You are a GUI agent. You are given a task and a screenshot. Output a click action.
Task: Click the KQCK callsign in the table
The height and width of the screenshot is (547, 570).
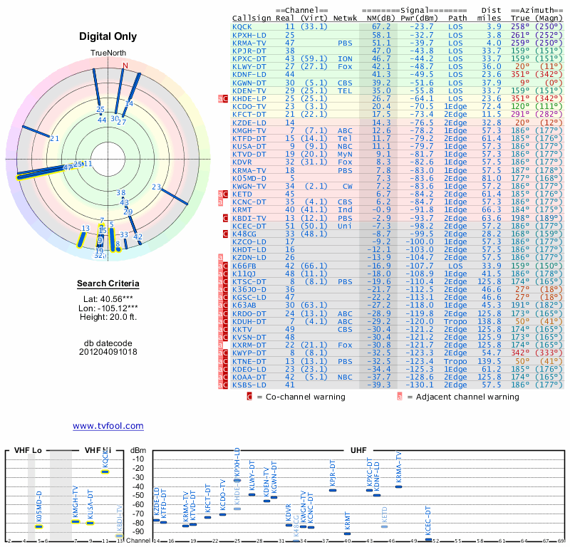(x=243, y=26)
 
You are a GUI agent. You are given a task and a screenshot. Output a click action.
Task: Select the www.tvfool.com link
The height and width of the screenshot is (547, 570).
(x=108, y=426)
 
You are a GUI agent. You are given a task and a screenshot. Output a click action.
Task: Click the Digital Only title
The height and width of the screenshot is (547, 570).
(x=108, y=36)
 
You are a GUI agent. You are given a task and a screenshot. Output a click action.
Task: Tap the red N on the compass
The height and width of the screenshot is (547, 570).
(x=125, y=66)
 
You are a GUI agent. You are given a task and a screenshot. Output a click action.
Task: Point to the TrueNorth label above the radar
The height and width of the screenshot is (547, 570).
(x=108, y=54)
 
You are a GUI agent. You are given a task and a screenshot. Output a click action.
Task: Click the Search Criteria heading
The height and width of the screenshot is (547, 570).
(x=108, y=283)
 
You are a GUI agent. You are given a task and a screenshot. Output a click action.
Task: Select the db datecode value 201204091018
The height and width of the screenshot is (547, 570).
(x=108, y=351)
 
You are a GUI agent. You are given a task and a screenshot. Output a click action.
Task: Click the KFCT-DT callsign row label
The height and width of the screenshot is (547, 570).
(x=249, y=114)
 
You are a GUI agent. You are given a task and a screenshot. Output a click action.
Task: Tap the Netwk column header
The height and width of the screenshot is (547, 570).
(x=346, y=17)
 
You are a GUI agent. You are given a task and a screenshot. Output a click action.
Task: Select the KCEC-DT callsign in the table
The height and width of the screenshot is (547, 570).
(x=249, y=226)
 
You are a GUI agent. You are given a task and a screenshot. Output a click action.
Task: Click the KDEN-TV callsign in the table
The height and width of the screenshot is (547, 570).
(x=249, y=90)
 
